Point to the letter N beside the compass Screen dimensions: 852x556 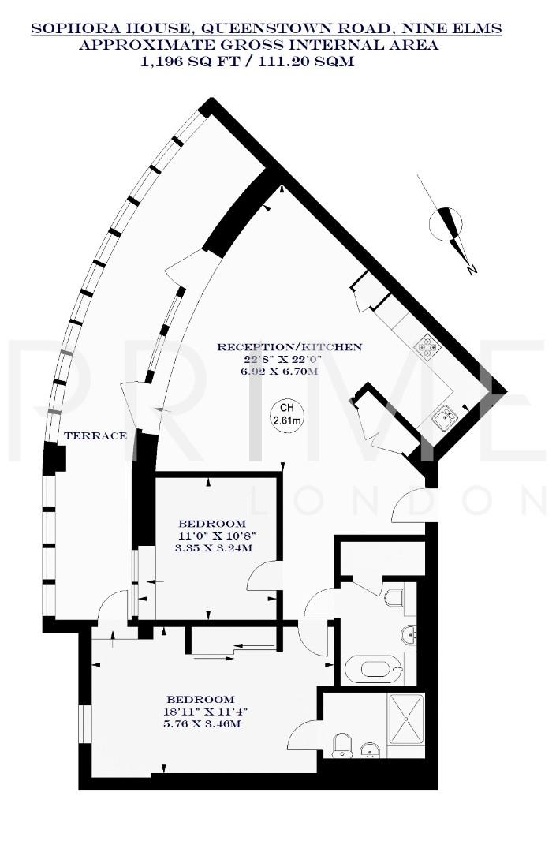pyautogui.click(x=472, y=270)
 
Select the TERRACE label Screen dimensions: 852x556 pyautogui.click(x=95, y=436)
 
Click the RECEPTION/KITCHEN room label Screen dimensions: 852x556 pyautogui.click(x=289, y=346)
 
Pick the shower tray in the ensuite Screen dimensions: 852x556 pyautogui.click(x=409, y=719)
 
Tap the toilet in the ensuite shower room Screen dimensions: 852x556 pyautogui.click(x=342, y=744)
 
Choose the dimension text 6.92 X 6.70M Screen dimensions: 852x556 pyautogui.click(x=280, y=370)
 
